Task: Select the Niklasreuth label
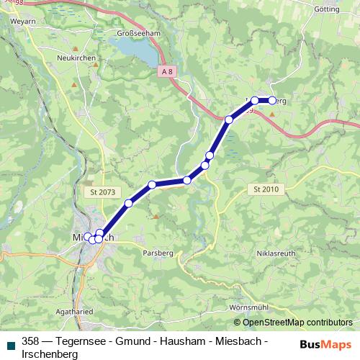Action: [276, 254]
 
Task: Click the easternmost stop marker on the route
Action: [272, 101]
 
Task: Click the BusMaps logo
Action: [325, 343]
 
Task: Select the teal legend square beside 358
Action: [10, 346]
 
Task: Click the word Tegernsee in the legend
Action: [75, 341]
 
